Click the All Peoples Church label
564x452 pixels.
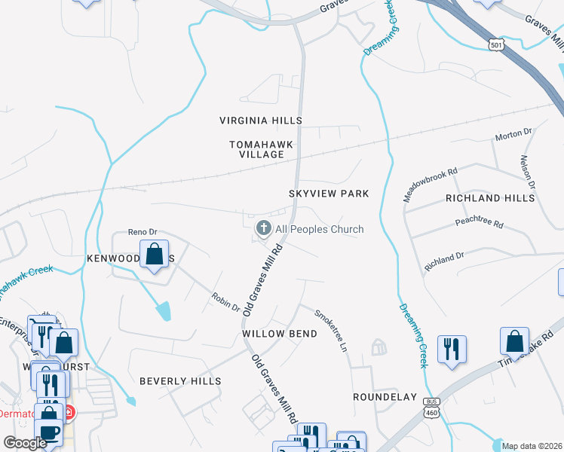point(319,229)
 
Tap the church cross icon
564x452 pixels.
point(264,228)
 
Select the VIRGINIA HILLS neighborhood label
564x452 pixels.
point(260,121)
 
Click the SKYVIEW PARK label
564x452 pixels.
point(329,194)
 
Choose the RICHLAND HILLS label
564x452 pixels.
point(489,198)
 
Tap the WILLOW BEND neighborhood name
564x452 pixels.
point(273,333)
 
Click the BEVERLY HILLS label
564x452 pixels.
point(180,381)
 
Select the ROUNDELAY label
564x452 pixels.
point(385,396)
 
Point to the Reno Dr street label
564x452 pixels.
point(141,232)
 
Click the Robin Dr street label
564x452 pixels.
point(225,303)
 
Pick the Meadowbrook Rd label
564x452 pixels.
point(431,183)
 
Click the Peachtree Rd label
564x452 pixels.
point(479,224)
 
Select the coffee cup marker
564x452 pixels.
point(49,433)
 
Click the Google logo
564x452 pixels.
point(25,443)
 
